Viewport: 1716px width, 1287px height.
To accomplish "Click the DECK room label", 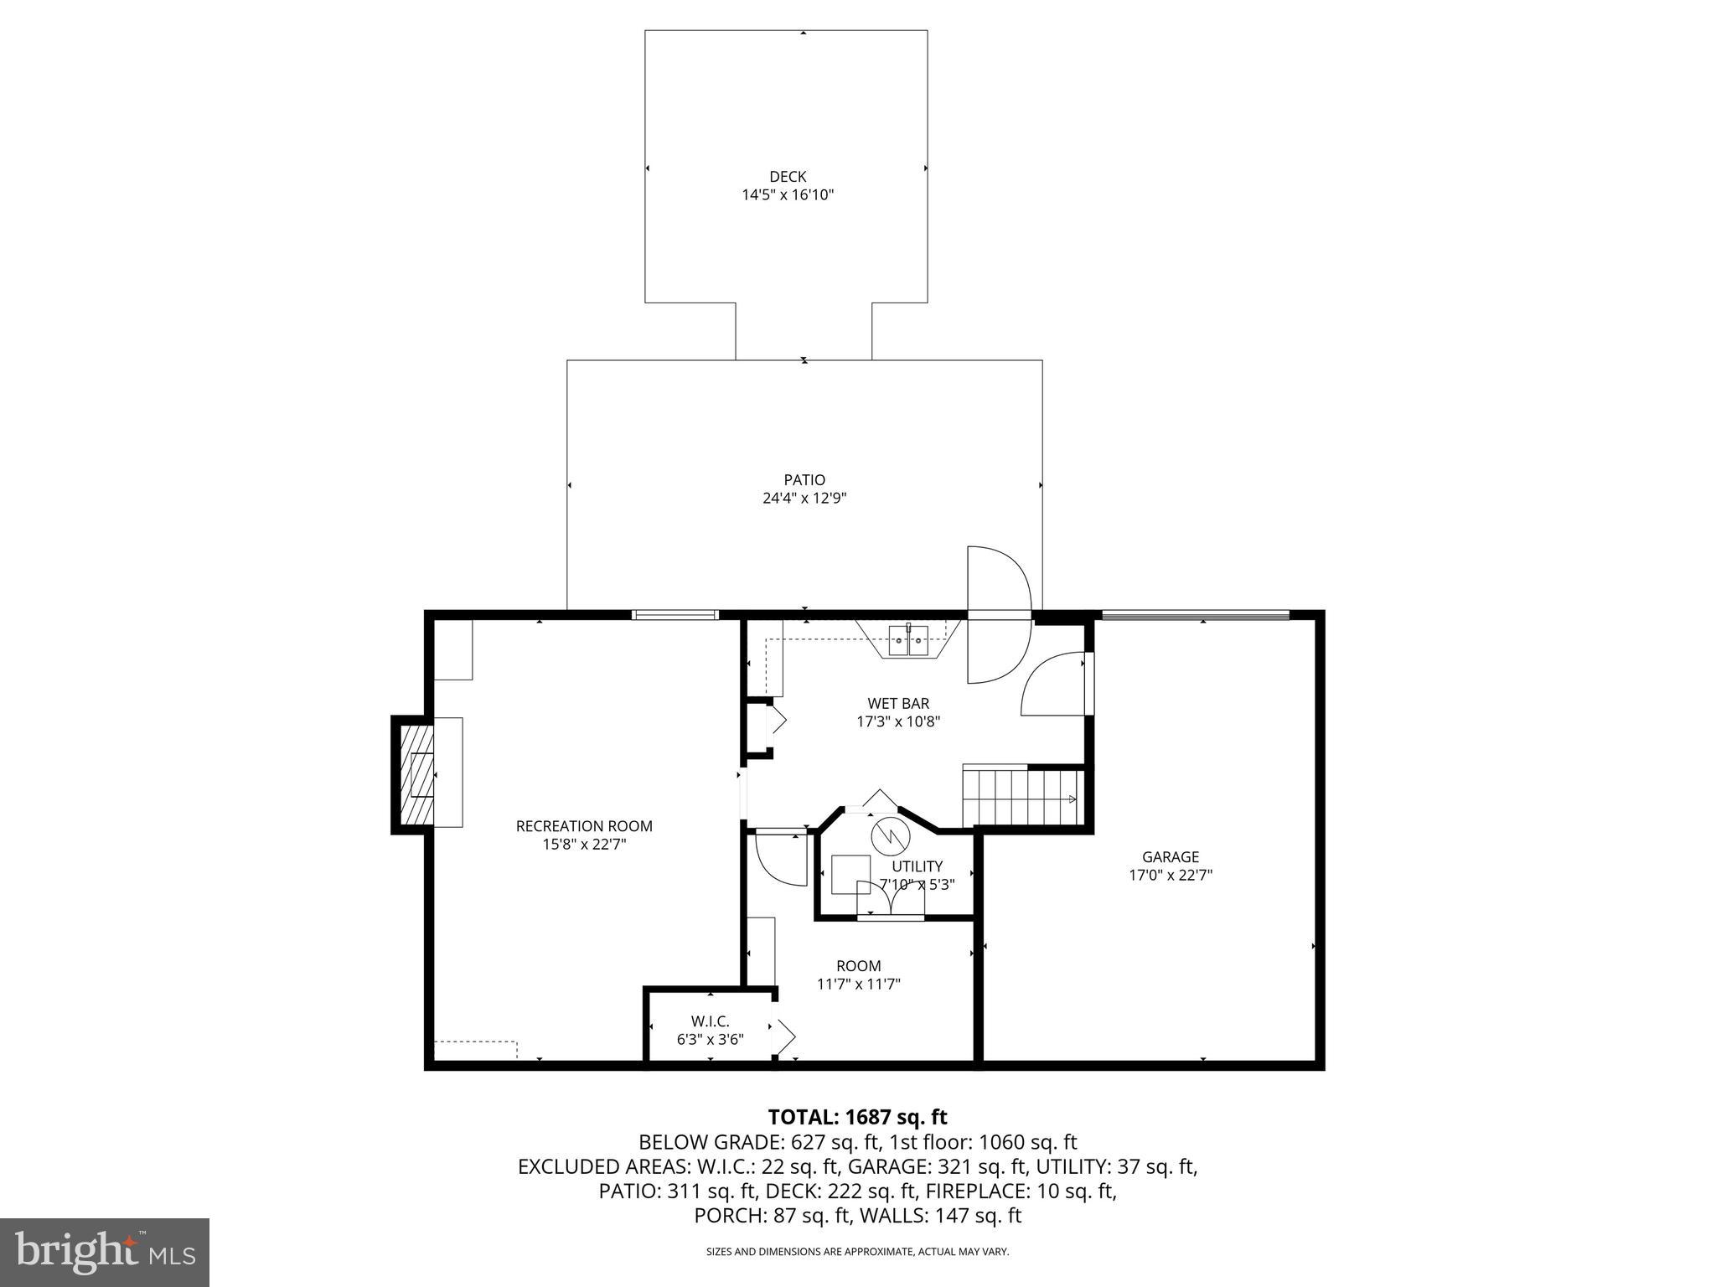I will [788, 177].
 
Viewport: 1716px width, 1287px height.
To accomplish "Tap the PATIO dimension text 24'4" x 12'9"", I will [804, 498].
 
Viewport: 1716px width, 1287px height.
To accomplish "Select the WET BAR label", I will [898, 704].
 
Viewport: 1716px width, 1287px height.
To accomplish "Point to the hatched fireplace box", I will [417, 774].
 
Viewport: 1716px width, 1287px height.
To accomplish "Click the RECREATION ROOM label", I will [584, 826].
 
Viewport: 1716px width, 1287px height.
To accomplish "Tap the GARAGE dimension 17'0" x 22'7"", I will [1171, 875].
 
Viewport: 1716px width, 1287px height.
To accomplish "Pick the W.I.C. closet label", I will [710, 1021].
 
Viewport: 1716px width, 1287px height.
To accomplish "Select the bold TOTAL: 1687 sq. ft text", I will [857, 1117].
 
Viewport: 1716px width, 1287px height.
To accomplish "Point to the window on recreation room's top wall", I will [675, 615].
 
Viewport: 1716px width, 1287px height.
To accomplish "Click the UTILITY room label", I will [917, 866].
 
